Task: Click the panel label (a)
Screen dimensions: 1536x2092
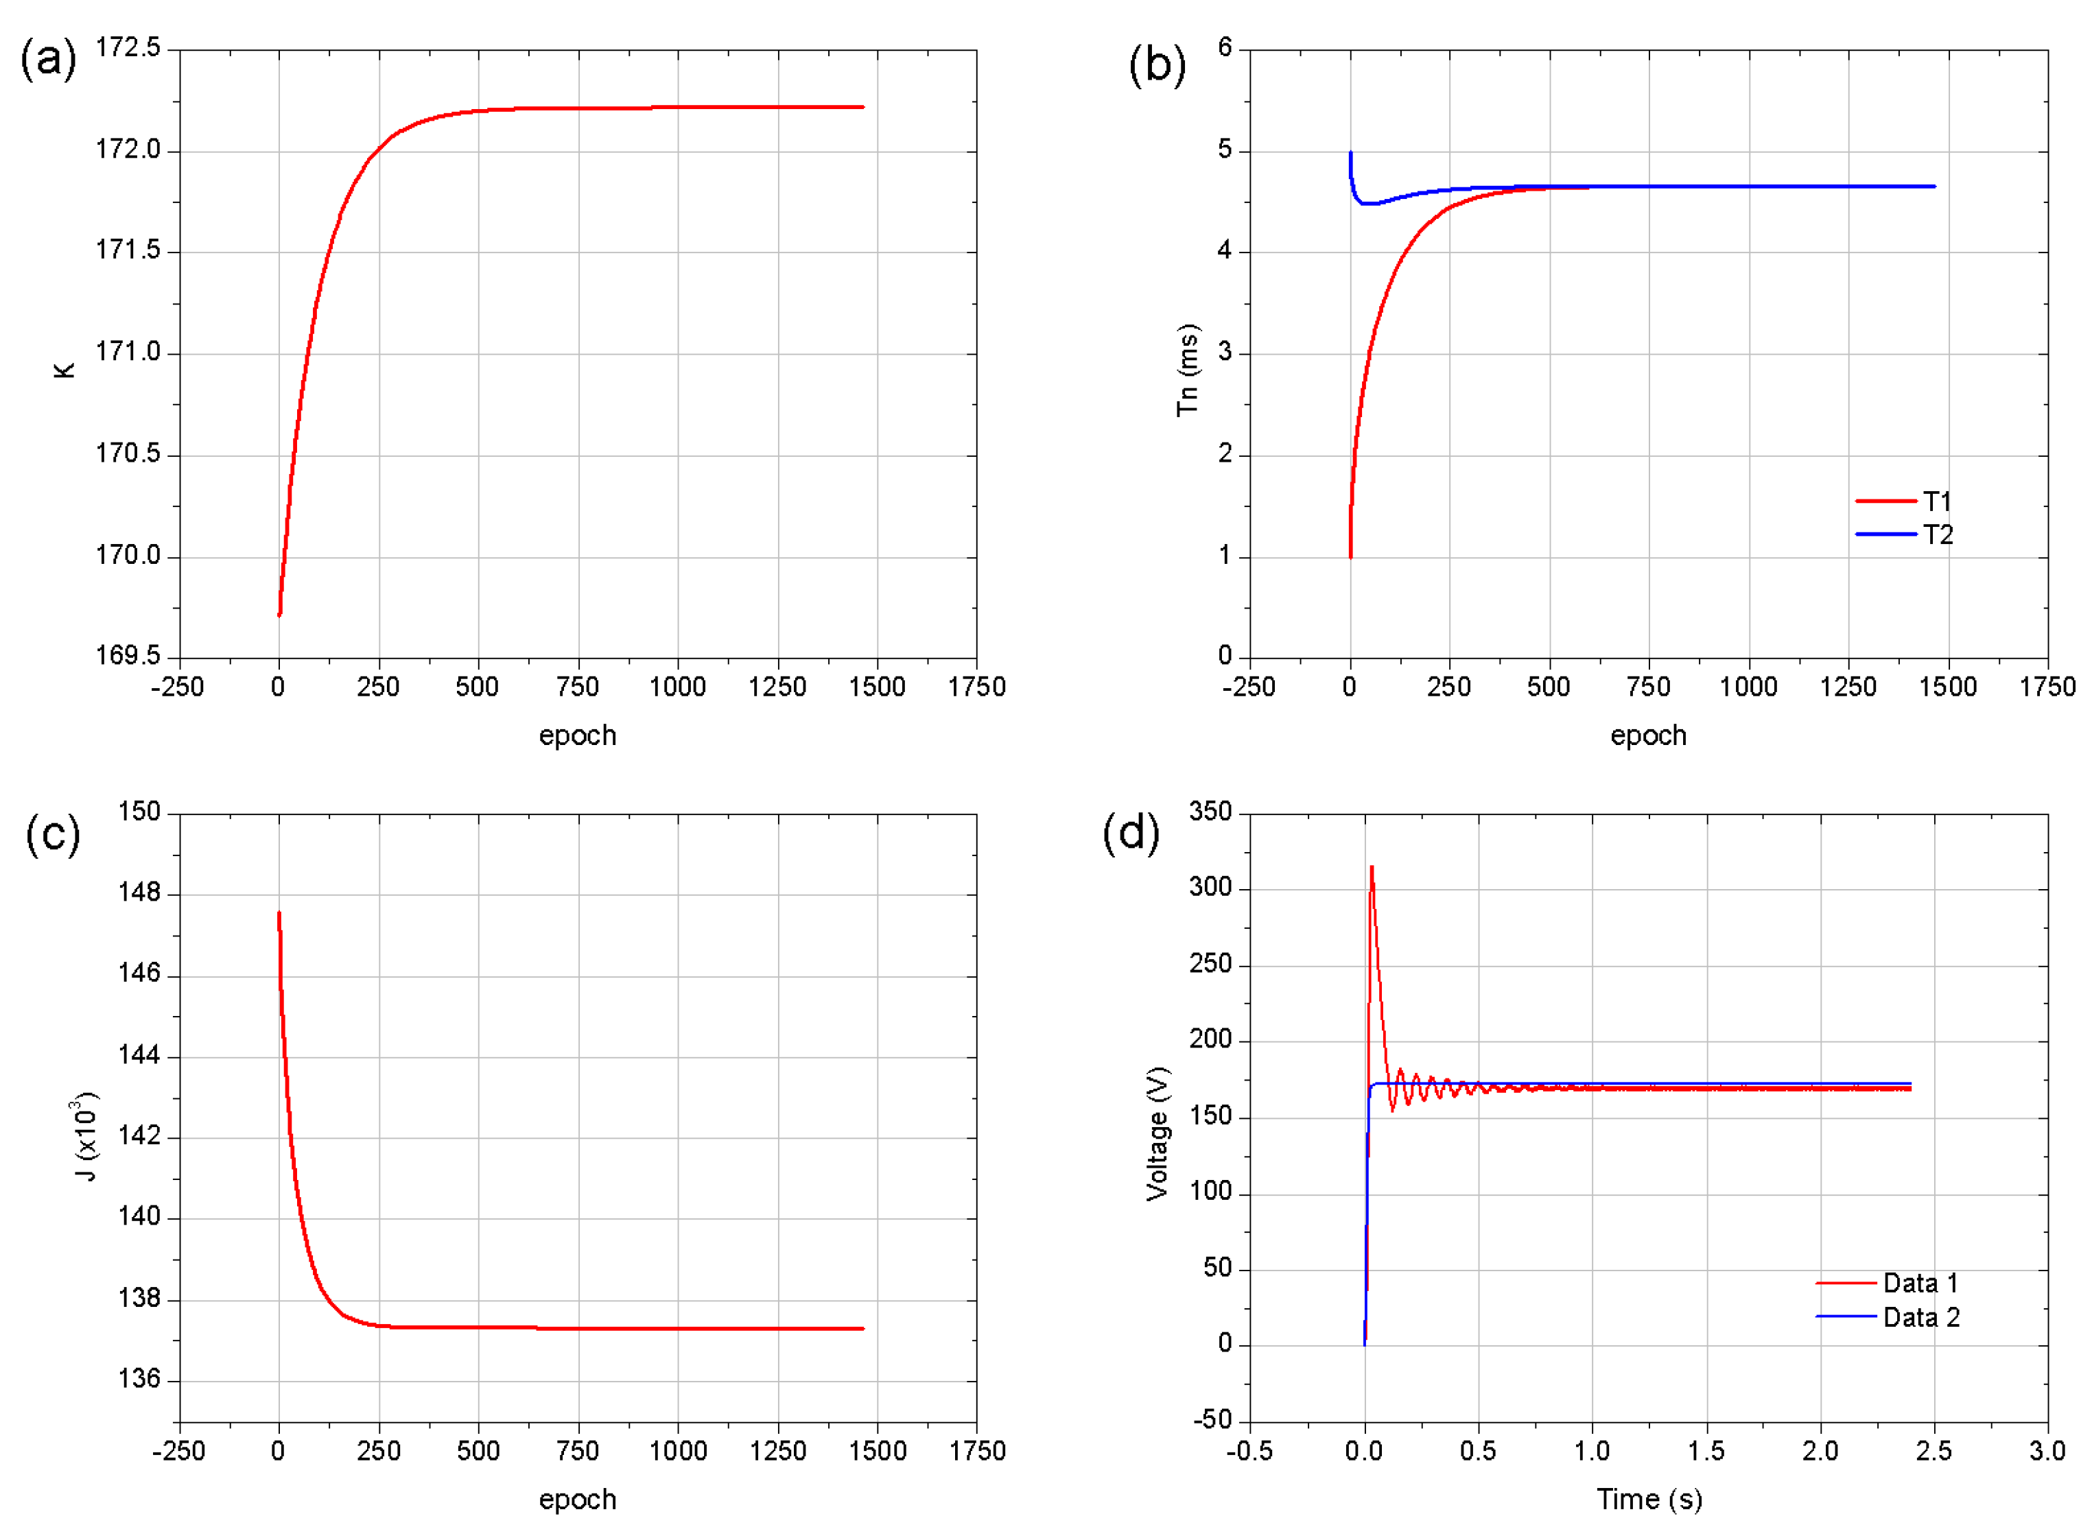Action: pyautogui.click(x=48, y=60)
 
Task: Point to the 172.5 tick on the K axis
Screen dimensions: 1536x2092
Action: pyautogui.click(x=128, y=47)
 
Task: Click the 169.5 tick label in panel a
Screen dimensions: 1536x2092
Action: pyautogui.click(x=128, y=656)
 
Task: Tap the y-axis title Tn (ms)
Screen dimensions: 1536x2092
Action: pyautogui.click(x=1187, y=370)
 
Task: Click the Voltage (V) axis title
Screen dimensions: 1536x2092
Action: pyautogui.click(x=1157, y=1134)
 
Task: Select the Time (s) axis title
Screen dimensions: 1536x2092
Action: pyautogui.click(x=1649, y=1500)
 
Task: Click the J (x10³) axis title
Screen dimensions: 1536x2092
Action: pyautogui.click(x=86, y=1136)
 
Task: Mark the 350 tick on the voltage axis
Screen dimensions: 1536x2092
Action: pyautogui.click(x=1210, y=812)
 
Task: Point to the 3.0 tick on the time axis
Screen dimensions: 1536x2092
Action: pyautogui.click(x=2047, y=1452)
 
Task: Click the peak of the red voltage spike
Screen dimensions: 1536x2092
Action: pyautogui.click(x=1372, y=868)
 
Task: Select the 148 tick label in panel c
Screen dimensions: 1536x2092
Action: pyautogui.click(x=139, y=893)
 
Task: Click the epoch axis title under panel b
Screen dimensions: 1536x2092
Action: pyautogui.click(x=1647, y=735)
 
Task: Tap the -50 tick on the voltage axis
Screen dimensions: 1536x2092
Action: pyautogui.click(x=1212, y=1420)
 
